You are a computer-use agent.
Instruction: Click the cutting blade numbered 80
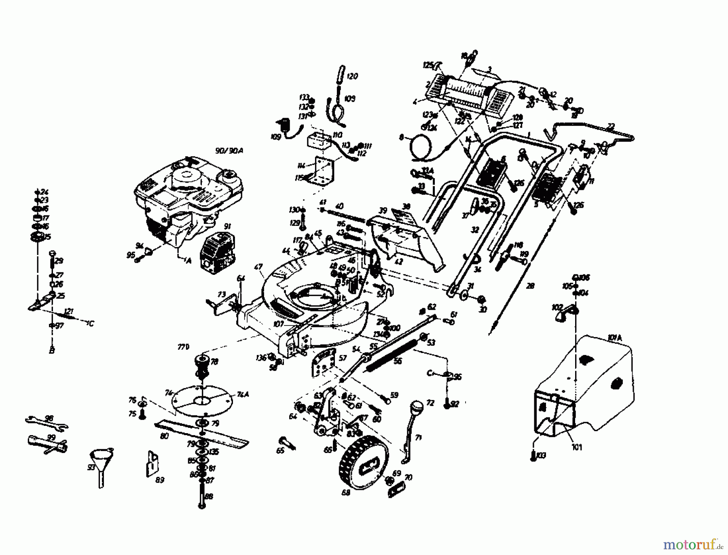pos(202,433)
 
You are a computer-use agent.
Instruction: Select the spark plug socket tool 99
pos(47,444)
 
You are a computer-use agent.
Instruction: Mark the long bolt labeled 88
pos(202,496)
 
